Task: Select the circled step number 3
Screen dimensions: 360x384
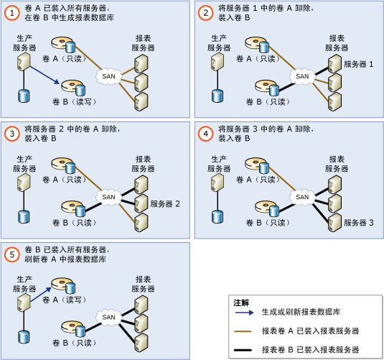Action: [12, 134]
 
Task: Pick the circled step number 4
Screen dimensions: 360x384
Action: [206, 134]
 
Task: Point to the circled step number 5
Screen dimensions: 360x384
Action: [12, 254]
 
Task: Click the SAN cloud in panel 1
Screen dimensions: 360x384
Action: [109, 75]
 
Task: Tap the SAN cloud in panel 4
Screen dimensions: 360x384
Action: [303, 196]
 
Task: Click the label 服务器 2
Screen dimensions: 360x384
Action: [165, 203]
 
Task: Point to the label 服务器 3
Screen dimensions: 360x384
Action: [359, 223]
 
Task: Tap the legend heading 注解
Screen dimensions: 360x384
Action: [242, 303]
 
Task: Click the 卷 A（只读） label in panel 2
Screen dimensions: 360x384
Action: [262, 60]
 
